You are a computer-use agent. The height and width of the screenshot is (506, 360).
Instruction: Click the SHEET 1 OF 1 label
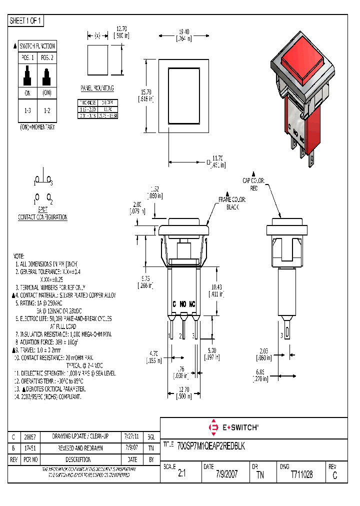[x=26, y=21]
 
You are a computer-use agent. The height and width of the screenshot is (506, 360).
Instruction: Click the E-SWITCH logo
[x=233, y=427]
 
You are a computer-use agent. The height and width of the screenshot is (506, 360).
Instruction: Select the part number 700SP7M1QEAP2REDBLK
[x=211, y=445]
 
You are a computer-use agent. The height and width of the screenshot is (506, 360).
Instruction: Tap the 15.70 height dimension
[x=146, y=95]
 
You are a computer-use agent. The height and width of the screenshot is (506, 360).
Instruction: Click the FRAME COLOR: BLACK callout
[x=232, y=203]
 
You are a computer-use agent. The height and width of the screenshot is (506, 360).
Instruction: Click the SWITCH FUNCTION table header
[x=37, y=46]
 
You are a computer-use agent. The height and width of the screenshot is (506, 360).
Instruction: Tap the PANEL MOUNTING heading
[x=97, y=88]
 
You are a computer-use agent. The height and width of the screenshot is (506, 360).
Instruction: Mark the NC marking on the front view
[x=192, y=303]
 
